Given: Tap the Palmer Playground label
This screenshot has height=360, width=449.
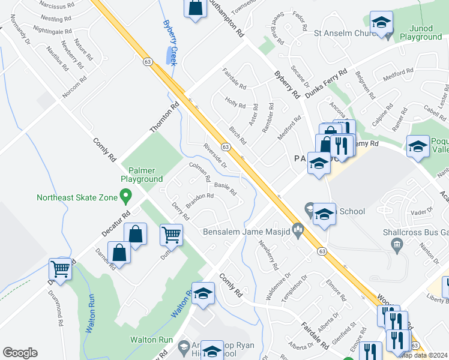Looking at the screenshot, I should [x=142, y=174].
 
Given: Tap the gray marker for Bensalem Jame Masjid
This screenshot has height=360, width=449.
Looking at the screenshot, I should [x=297, y=228].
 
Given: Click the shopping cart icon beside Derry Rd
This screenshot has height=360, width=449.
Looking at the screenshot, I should [x=171, y=234].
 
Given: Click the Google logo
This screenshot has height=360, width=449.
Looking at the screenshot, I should [x=20, y=353].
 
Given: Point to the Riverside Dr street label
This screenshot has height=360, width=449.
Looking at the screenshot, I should [x=215, y=155].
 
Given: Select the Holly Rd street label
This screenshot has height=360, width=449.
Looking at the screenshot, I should [x=235, y=103].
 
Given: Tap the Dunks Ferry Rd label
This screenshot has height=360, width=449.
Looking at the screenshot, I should [x=326, y=83].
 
